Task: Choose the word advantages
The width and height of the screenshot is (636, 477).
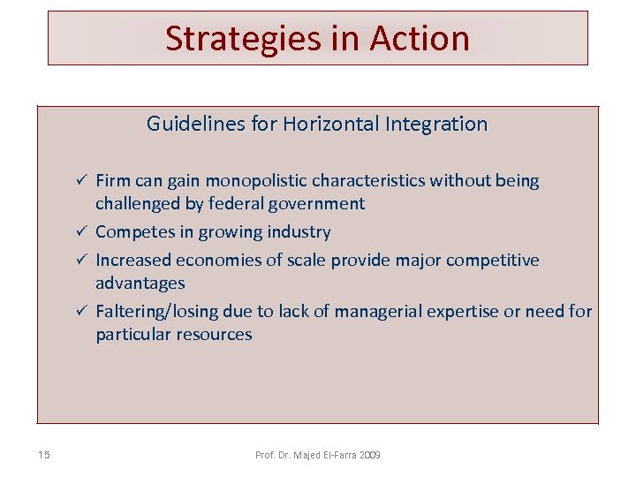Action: pyautogui.click(x=140, y=284)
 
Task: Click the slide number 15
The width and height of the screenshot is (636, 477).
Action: pyautogui.click(x=44, y=455)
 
